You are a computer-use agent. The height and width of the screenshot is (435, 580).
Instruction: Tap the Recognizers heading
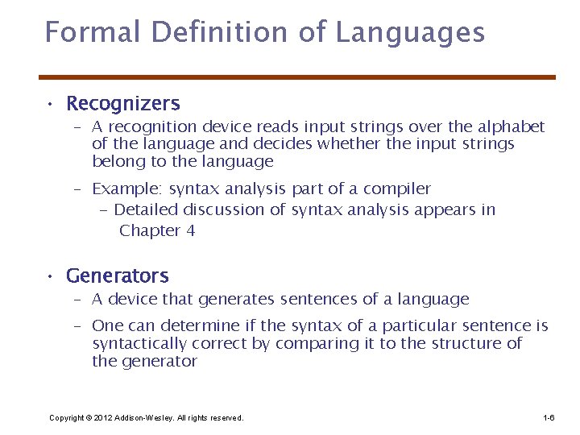click(123, 104)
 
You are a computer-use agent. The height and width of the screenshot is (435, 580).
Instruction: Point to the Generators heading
click(118, 276)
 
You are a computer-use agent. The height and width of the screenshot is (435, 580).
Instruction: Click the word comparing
click(314, 344)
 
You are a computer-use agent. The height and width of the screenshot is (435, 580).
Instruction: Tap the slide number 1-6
click(549, 418)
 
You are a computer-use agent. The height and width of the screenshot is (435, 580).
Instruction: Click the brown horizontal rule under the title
click(298, 77)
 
